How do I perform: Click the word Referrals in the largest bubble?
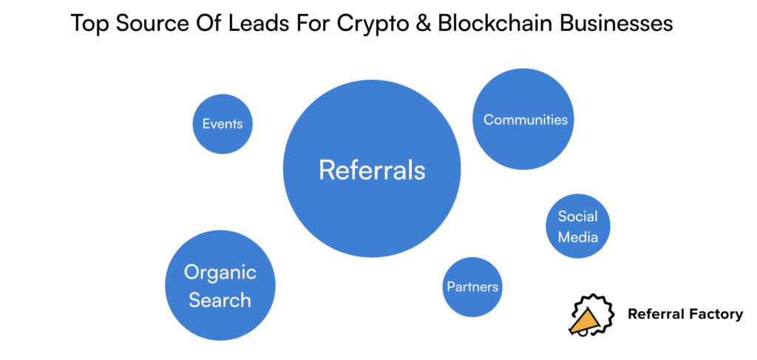[372, 170]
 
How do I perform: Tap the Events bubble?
[223, 123]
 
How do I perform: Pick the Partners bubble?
[472, 287]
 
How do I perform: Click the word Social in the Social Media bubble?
[577, 217]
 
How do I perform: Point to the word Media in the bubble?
[577, 237]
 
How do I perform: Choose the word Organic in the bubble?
[220, 273]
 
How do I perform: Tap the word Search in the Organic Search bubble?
[220, 300]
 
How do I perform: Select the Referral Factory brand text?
[685, 314]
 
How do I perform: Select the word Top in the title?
[89, 24]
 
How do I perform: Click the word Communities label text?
[526, 120]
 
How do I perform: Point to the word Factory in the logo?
[716, 314]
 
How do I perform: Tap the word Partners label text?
[472, 287]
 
